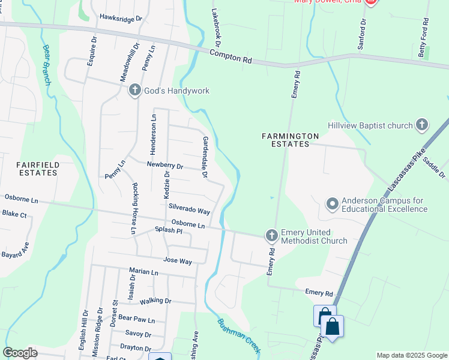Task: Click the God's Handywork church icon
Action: pyautogui.click(x=134, y=91)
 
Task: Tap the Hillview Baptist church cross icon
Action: pyautogui.click(x=422, y=125)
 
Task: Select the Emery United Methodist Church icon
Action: pyautogui.click(x=271, y=235)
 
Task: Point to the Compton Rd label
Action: pyautogui.click(x=231, y=57)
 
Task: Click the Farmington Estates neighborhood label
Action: pyautogui.click(x=290, y=140)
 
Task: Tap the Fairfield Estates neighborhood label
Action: pyautogui.click(x=28, y=168)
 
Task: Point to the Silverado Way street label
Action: pyautogui.click(x=189, y=208)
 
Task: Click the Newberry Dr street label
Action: pyautogui.click(x=164, y=166)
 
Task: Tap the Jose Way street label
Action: pyautogui.click(x=178, y=261)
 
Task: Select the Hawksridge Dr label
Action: pyautogui.click(x=121, y=19)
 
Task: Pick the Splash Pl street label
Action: pyautogui.click(x=168, y=230)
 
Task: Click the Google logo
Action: pyautogui.click(x=20, y=352)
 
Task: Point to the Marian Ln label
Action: pyautogui.click(x=143, y=272)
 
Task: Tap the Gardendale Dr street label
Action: pyautogui.click(x=205, y=157)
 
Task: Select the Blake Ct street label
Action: pyautogui.click(x=14, y=214)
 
